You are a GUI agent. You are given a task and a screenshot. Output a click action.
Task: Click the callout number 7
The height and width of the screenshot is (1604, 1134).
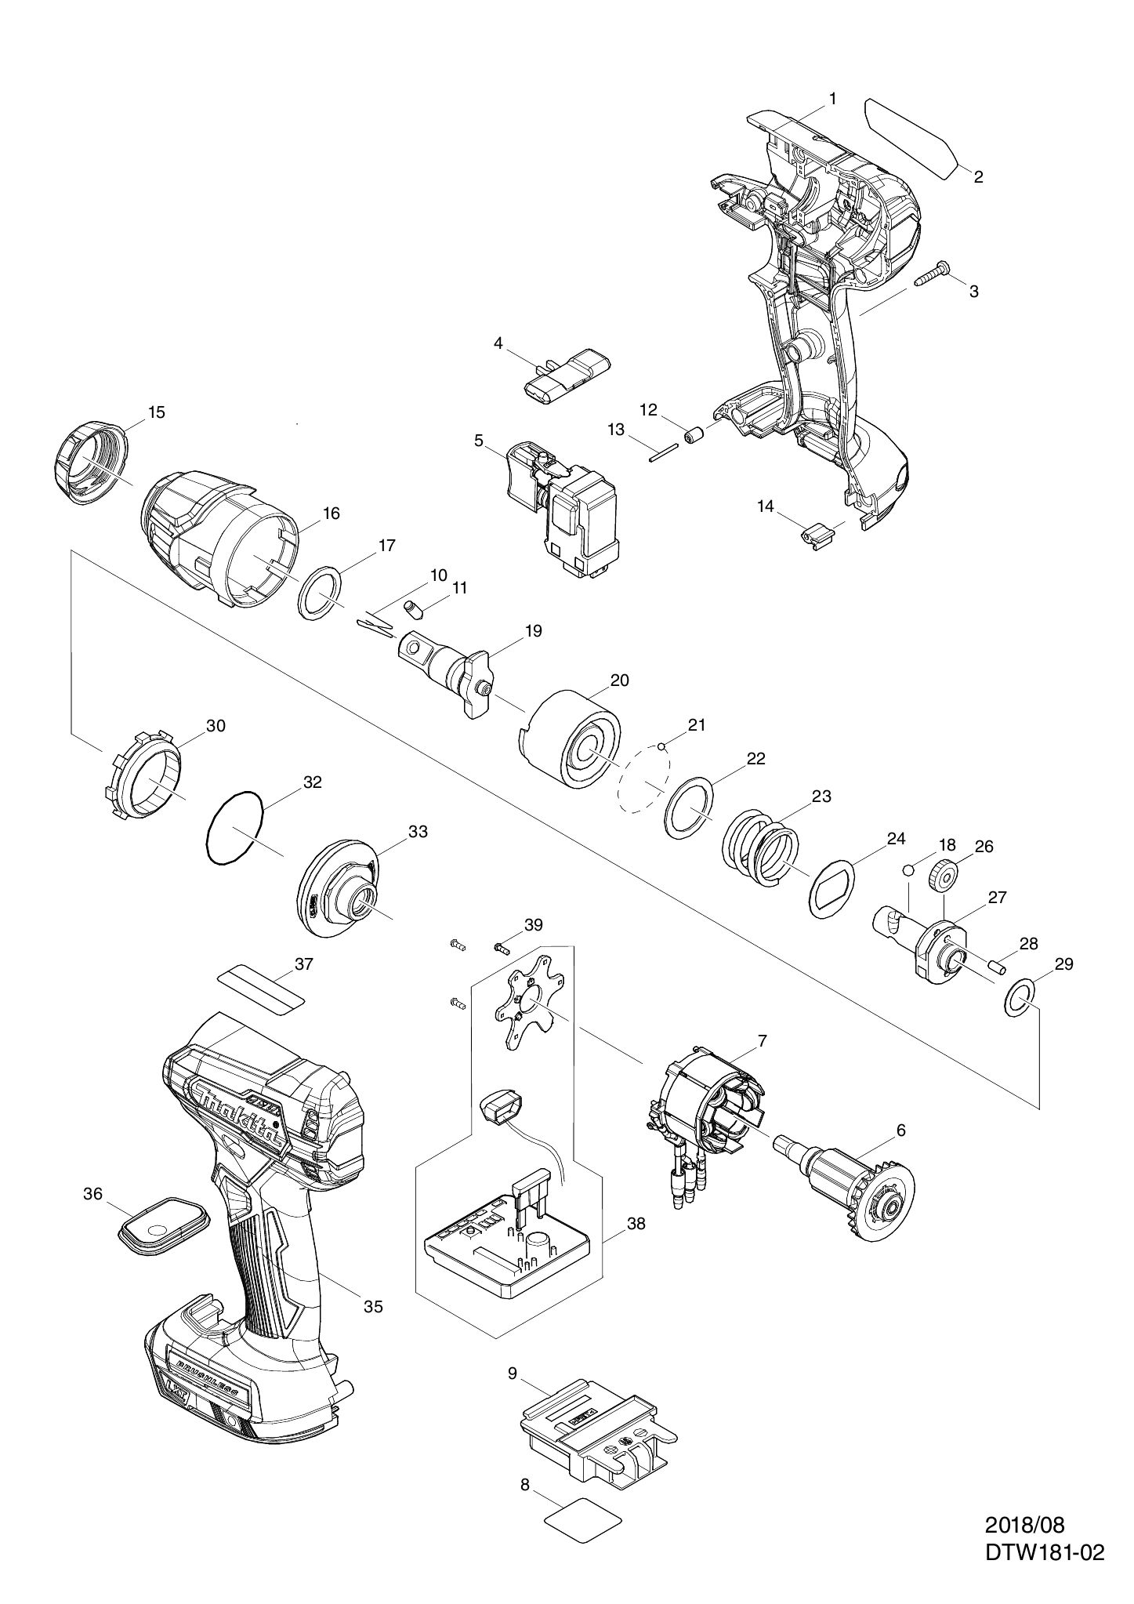coord(762,1040)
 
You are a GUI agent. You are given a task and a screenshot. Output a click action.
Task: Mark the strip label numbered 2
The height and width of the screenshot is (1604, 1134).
coord(911,137)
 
